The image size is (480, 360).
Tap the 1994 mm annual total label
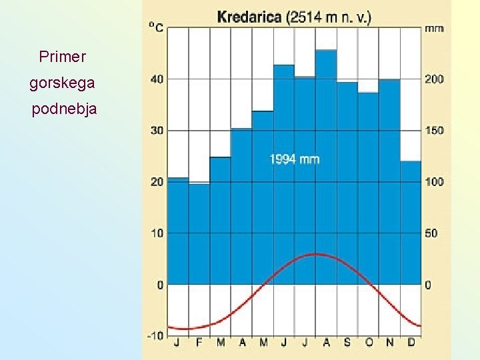(294, 159)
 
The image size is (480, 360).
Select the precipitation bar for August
(326, 167)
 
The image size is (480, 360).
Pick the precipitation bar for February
(199, 233)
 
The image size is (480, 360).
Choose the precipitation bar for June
(284, 174)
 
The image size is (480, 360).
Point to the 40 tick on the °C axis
(157, 79)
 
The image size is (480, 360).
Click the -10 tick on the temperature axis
(155, 335)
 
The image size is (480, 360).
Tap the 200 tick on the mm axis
(434, 79)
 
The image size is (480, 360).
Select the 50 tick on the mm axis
(431, 233)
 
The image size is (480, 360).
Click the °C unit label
(156, 27)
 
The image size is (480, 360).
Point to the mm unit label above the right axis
(434, 29)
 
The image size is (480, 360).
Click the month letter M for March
(221, 343)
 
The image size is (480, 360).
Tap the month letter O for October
(369, 343)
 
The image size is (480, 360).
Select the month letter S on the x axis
(347, 343)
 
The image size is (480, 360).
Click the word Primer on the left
(63, 57)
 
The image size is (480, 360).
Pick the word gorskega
(62, 83)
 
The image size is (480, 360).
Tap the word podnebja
(64, 109)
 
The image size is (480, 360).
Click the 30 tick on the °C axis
(157, 130)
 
